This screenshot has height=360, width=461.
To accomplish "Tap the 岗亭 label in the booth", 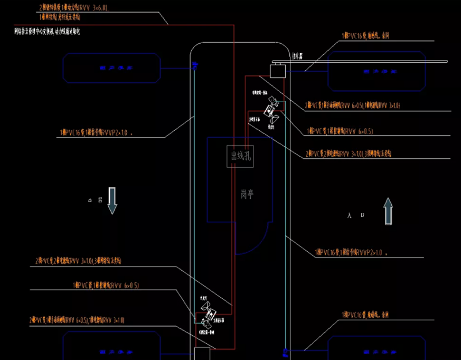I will [247, 195].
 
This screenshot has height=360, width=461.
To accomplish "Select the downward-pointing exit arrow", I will [112, 200].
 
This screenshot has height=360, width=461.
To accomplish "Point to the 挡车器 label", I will [297, 56].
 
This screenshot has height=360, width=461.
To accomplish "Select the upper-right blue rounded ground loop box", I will [376, 71].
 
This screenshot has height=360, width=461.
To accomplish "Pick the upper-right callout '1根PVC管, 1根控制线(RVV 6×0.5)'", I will [340, 131].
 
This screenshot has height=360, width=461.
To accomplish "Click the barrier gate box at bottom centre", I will [202, 353].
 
